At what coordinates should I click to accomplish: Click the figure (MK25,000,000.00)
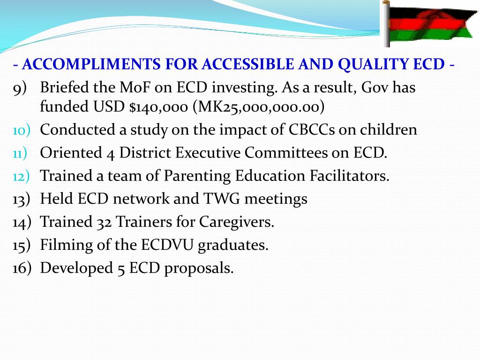click(258, 107)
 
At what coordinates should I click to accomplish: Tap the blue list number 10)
click(22, 130)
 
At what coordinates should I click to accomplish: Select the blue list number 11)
click(22, 153)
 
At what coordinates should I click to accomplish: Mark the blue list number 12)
click(22, 176)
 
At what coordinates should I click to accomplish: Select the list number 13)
click(22, 199)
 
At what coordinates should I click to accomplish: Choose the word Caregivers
click(237, 222)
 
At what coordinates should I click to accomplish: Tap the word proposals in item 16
click(199, 268)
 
